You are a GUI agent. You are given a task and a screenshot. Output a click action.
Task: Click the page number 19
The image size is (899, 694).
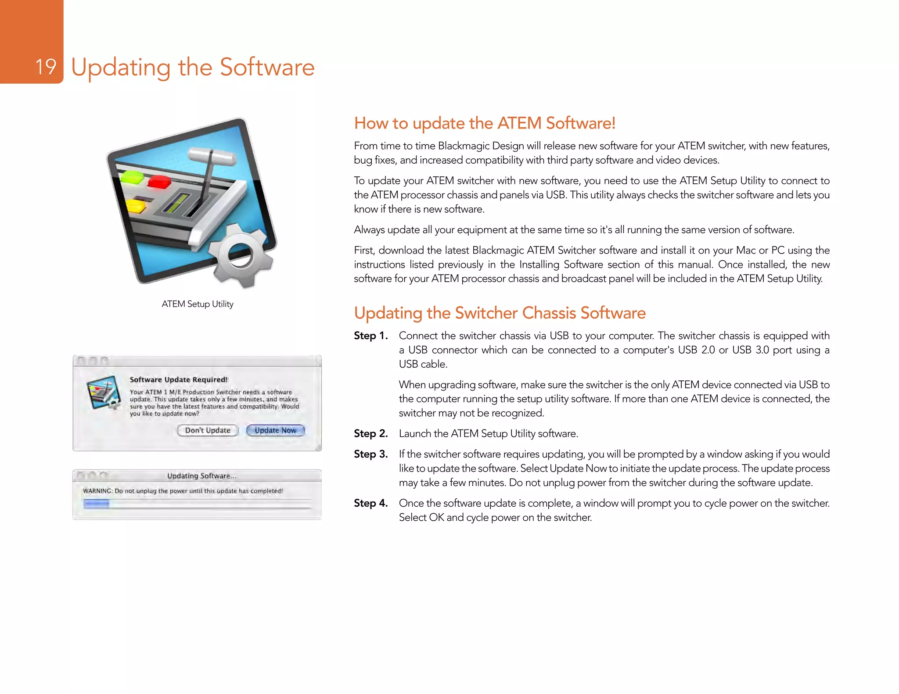[x=45, y=67]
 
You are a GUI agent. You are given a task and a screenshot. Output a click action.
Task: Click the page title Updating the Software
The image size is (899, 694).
[x=193, y=67]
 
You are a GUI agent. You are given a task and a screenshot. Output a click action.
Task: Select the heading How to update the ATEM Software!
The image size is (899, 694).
[x=484, y=123]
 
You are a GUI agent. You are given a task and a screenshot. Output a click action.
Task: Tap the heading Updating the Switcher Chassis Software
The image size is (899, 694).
[x=500, y=313]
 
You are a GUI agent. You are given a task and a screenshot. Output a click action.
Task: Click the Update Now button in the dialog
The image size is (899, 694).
[x=275, y=430]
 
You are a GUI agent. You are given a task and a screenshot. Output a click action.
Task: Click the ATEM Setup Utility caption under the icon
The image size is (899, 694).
[x=197, y=304]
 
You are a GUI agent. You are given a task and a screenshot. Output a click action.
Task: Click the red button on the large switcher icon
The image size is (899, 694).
[x=159, y=181]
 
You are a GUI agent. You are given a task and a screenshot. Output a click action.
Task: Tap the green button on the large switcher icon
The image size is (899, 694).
[x=132, y=177]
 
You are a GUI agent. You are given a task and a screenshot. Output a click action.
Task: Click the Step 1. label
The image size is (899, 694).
[x=370, y=336]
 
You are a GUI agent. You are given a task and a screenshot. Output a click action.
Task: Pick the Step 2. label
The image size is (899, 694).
[x=370, y=433]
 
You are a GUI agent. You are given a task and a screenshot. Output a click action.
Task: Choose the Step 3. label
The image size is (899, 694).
[x=370, y=454]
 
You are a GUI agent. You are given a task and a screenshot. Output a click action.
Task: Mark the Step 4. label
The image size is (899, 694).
[x=370, y=503]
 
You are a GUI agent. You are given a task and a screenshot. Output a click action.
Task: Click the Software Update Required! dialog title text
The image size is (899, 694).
[x=178, y=379]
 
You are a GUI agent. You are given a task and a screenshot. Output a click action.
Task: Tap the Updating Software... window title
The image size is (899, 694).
[x=201, y=476]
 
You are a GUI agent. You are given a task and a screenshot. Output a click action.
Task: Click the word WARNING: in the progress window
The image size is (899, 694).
[x=97, y=491]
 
